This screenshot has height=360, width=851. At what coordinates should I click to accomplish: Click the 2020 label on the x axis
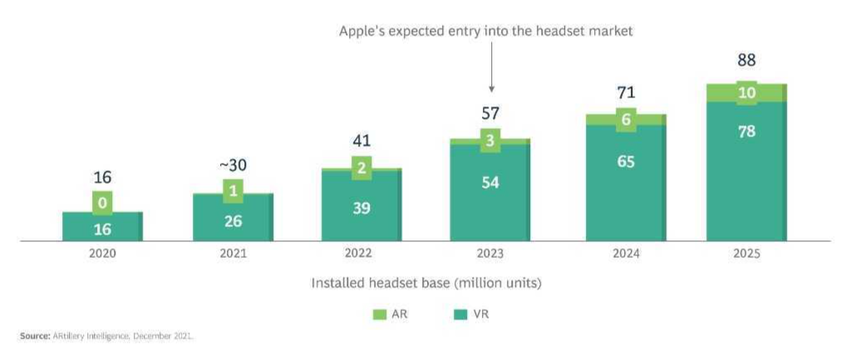102,254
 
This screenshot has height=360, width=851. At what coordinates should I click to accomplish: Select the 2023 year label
490,254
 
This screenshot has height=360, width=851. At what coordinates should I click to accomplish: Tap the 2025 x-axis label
747,254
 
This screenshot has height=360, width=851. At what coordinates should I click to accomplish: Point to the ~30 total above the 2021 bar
233,165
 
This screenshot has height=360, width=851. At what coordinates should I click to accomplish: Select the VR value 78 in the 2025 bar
746,131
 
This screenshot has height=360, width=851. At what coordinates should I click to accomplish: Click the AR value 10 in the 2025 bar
746,93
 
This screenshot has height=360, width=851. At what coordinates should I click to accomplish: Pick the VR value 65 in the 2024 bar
626,162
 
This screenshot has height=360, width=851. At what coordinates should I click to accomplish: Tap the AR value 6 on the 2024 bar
626,120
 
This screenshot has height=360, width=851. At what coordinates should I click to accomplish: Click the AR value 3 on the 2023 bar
490,141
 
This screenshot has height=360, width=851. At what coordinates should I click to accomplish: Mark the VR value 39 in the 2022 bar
362,208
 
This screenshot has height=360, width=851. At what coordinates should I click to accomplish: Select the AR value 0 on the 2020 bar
102,202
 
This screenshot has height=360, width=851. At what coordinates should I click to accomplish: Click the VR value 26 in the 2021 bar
233,220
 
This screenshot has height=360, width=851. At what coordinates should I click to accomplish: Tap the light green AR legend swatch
381,314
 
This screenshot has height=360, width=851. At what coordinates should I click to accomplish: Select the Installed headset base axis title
425,284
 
